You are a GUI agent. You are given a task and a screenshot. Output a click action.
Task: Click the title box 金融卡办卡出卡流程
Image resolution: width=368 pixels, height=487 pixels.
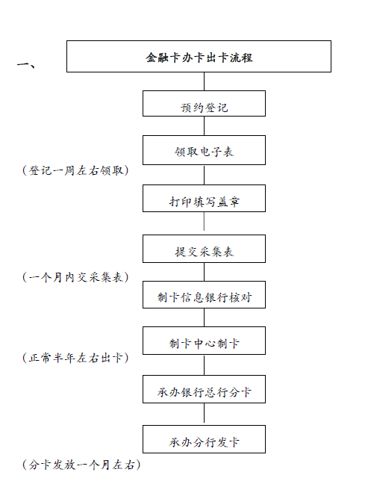click(199, 57)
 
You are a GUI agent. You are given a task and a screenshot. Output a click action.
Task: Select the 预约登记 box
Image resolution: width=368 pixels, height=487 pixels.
click(205, 103)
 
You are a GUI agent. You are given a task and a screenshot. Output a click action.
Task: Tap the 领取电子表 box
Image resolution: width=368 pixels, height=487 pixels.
click(205, 150)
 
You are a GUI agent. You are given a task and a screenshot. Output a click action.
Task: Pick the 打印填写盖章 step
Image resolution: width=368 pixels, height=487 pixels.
click(205, 199)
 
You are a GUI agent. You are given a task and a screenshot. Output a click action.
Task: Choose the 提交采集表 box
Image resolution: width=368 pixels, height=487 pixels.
click(205, 249)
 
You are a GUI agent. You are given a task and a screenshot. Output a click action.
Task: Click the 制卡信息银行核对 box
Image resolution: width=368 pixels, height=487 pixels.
click(205, 295)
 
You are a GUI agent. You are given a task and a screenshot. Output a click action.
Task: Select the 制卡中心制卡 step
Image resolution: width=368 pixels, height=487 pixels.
click(205, 341)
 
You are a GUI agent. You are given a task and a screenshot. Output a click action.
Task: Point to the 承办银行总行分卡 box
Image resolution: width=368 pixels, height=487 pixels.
click(205, 389)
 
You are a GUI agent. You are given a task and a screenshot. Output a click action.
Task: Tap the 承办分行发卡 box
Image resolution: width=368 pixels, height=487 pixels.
click(205, 439)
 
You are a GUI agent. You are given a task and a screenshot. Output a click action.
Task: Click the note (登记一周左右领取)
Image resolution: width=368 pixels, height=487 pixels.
click(75, 170)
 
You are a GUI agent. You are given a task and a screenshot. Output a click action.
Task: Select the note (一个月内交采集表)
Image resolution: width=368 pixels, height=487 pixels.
click(75, 277)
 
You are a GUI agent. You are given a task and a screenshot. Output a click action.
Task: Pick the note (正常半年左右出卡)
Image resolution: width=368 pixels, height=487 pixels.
click(75, 358)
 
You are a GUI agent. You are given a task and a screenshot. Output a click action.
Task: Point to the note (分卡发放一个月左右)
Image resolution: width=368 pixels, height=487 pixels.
click(81, 465)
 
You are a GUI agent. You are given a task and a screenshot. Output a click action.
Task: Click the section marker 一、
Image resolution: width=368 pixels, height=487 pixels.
click(26, 64)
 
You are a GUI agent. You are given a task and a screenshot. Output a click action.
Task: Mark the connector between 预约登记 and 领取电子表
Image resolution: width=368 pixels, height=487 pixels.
click(205, 125)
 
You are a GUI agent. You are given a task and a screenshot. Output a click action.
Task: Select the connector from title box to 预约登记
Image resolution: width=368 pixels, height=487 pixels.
click(205, 81)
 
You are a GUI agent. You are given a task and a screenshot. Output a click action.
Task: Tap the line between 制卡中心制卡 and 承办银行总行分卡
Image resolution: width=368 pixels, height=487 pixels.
click(205, 365)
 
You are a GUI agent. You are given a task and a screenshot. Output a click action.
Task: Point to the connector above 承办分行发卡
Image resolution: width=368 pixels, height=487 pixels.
click(205, 413)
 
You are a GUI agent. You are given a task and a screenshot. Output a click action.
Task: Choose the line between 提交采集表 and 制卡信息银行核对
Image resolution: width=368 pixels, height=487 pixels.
click(205, 272)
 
